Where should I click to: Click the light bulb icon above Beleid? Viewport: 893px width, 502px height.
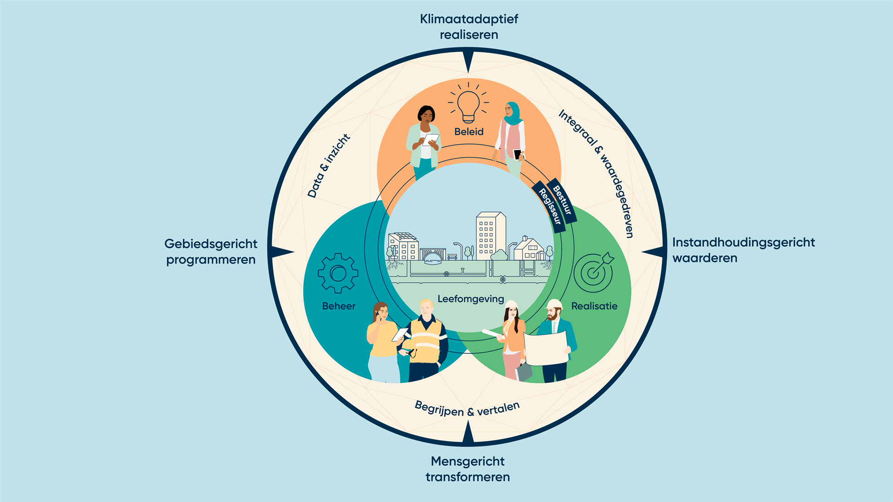click(468, 105)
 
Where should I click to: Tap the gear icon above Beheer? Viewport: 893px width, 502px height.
click(338, 273)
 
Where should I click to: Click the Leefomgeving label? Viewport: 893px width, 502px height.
click(471, 299)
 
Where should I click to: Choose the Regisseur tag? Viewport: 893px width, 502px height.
click(549, 206)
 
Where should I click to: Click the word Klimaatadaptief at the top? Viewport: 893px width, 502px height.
click(469, 19)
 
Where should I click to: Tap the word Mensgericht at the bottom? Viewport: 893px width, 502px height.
click(467, 461)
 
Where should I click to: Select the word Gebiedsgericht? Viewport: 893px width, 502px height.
click(211, 244)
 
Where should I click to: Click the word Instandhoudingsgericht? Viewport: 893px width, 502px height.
click(743, 243)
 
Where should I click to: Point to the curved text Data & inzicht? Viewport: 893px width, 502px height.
click(328, 166)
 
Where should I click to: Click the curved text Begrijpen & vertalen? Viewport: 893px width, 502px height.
click(467, 409)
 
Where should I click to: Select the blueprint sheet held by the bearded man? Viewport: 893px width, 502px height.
click(546, 349)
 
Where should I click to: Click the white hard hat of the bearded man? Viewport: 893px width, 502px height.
click(554, 304)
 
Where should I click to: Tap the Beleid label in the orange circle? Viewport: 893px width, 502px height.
click(469, 132)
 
